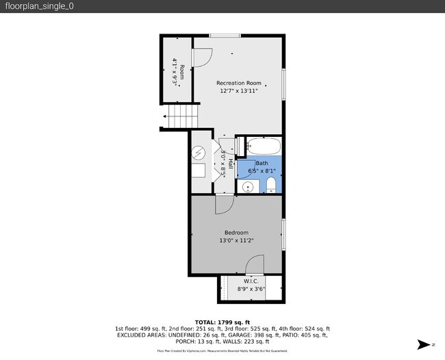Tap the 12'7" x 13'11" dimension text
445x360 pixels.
pos(239,90)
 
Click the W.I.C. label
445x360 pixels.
pos(251,281)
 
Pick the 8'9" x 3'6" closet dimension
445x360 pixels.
pos(251,289)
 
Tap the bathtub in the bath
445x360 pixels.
pos(264,146)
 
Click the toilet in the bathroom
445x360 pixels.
pos(271,184)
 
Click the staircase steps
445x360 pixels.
pos(181,116)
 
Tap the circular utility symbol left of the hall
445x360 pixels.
pos(199,152)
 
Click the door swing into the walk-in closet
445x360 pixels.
pos(255,265)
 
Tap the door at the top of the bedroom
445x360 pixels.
pos(225,203)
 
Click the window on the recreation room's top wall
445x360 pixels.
pos(225,35)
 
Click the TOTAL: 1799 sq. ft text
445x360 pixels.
pos(222,322)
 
